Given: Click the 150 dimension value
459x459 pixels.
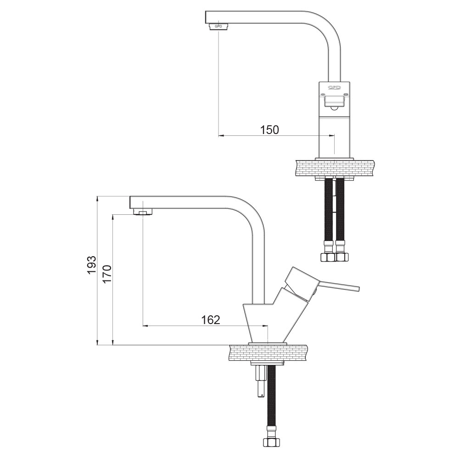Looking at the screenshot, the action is click(269, 130).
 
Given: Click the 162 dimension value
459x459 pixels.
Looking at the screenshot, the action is click(211, 320).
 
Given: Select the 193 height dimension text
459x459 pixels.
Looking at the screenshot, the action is click(92, 265).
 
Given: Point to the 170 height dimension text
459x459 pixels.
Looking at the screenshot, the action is click(107, 274).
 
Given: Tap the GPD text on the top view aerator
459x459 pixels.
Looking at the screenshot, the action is click(218, 26).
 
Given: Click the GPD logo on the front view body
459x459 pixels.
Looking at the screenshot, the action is click(334, 87).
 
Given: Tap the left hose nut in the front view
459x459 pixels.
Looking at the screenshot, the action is click(328, 257).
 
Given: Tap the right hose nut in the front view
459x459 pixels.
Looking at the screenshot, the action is click(341, 257).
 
